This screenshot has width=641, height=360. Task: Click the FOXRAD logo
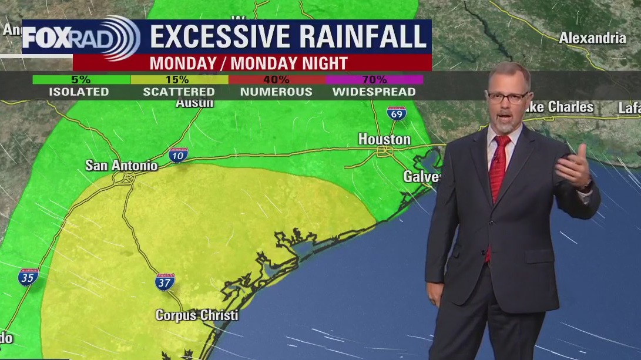[x=81, y=38]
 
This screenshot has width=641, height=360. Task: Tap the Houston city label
[x=384, y=139]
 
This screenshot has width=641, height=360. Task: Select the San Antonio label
[x=122, y=166]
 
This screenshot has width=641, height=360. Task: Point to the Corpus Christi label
[x=197, y=315]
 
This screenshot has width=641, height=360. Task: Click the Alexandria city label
[x=592, y=38]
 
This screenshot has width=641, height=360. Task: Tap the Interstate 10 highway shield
[x=178, y=154]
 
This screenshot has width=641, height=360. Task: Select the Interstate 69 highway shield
[x=397, y=113]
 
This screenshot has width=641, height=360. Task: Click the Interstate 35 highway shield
[x=28, y=276]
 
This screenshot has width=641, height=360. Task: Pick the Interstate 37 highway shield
[x=165, y=282]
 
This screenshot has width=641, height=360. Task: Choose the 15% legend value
[x=177, y=79]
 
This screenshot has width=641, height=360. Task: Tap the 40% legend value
[x=276, y=79]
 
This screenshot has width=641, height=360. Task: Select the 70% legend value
[x=374, y=79]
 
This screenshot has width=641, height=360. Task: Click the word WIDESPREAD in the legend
[x=374, y=92]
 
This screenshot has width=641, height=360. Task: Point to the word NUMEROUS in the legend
[x=276, y=92]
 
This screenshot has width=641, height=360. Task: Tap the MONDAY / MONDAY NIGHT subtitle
[x=249, y=63]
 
